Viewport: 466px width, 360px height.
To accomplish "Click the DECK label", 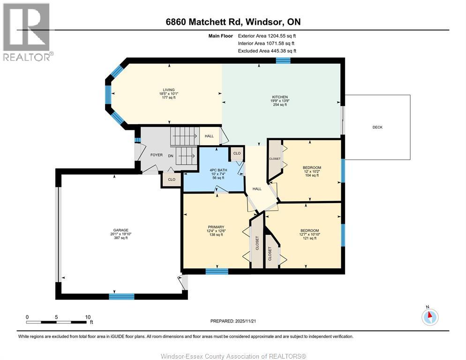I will coord(377,127).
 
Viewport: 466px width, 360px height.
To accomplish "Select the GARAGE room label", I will coord(119,230).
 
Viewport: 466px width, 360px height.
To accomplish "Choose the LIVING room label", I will coord(168,90).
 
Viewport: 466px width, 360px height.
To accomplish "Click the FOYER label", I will coord(156,155).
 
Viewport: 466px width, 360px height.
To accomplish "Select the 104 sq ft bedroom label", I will coord(312,167).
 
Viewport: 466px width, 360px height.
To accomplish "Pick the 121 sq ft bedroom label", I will coord(309,231).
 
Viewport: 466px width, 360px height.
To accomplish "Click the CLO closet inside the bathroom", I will coord(236,153).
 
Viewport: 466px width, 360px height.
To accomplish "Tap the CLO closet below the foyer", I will coord(172,179).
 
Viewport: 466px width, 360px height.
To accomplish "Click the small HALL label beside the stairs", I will coord(209,136).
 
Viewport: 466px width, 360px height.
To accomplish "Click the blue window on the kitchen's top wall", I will coord(283,60).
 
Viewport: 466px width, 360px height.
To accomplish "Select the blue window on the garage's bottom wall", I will coord(121,296).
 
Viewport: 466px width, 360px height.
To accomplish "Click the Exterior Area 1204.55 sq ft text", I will coord(267,35).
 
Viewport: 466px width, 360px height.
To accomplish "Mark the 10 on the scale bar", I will coord(87,317).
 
